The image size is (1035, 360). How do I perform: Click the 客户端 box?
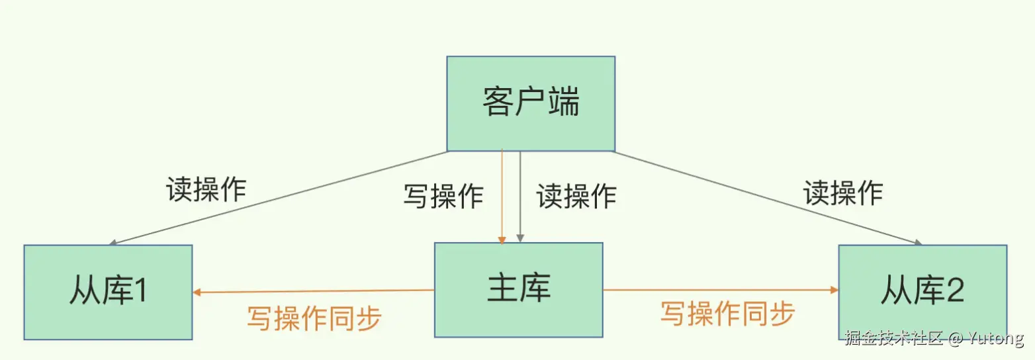(x=531, y=103)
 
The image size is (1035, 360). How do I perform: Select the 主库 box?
(x=518, y=290)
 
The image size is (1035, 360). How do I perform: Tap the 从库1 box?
(x=108, y=292)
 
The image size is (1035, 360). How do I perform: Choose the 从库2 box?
(x=922, y=292)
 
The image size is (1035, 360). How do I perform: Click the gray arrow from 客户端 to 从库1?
(x=278, y=198)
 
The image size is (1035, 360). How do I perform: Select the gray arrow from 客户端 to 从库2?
(x=768, y=198)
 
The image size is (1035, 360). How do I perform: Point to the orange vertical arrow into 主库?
(x=502, y=199)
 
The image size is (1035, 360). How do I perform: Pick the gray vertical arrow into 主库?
(x=521, y=199)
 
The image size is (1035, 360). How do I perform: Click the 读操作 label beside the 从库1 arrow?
(x=206, y=190)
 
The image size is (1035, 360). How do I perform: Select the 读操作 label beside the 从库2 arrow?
(x=843, y=193)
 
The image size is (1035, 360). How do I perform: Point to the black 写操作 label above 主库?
(x=443, y=197)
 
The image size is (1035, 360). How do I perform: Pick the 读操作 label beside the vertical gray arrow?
(x=576, y=197)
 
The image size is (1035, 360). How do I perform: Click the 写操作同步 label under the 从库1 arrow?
(x=314, y=318)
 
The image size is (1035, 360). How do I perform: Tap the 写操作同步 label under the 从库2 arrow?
(x=727, y=314)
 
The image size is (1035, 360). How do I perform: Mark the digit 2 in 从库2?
(x=955, y=292)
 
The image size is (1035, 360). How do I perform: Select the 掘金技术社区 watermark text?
(x=893, y=338)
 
